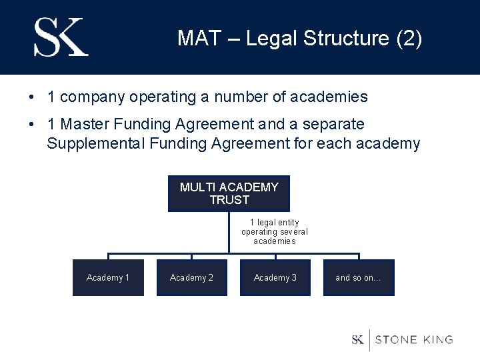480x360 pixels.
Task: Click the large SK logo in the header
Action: click(x=61, y=37)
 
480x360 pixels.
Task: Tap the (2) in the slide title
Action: click(x=409, y=39)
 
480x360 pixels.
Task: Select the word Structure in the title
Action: click(x=347, y=39)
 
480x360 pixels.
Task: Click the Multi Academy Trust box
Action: click(x=229, y=193)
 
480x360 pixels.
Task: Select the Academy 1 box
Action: click(x=108, y=277)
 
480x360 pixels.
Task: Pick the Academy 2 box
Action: click(x=191, y=277)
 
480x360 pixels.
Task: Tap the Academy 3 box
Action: click(x=275, y=277)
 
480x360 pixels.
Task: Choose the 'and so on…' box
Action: click(x=359, y=277)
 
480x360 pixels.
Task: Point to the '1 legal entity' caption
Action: click(x=275, y=222)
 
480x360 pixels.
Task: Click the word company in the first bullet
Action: click(x=93, y=97)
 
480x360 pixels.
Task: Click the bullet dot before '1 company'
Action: click(x=32, y=97)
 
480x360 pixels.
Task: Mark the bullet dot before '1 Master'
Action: click(x=32, y=125)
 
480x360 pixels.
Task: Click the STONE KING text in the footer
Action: click(x=414, y=339)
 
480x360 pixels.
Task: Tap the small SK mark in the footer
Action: click(x=358, y=339)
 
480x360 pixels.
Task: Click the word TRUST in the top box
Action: click(x=229, y=200)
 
